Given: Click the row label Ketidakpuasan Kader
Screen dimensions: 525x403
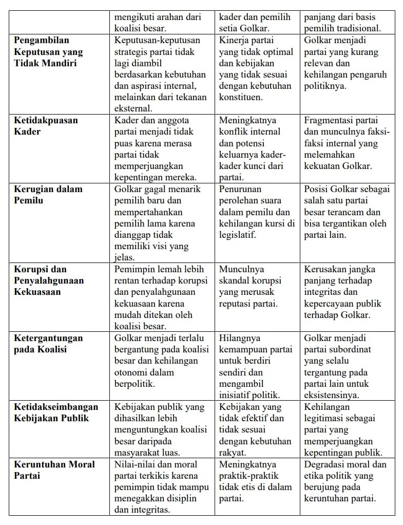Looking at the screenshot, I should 46,126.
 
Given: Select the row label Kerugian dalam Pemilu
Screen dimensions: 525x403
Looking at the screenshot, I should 48,195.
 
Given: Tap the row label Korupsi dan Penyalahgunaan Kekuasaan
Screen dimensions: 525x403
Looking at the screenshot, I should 49,280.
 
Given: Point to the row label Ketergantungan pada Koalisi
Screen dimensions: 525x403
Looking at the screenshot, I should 48,344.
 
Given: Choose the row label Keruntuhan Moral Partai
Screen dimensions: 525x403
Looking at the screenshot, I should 54,470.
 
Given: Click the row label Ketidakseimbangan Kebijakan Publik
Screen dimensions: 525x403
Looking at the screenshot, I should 56,413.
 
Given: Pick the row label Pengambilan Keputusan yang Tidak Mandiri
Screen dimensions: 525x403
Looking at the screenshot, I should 48,52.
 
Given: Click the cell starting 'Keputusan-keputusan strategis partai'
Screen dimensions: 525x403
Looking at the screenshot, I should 161,74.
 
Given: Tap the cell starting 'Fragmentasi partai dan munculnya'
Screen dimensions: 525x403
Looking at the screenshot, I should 347,143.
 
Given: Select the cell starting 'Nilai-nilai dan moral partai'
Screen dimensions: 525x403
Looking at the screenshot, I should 161,487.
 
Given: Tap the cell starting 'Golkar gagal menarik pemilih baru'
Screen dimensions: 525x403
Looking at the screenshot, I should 161,223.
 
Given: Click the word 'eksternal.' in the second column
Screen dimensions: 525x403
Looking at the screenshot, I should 133,108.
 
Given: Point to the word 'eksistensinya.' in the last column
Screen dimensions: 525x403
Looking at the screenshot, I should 332,395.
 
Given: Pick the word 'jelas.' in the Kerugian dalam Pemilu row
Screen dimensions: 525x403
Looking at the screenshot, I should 124,257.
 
